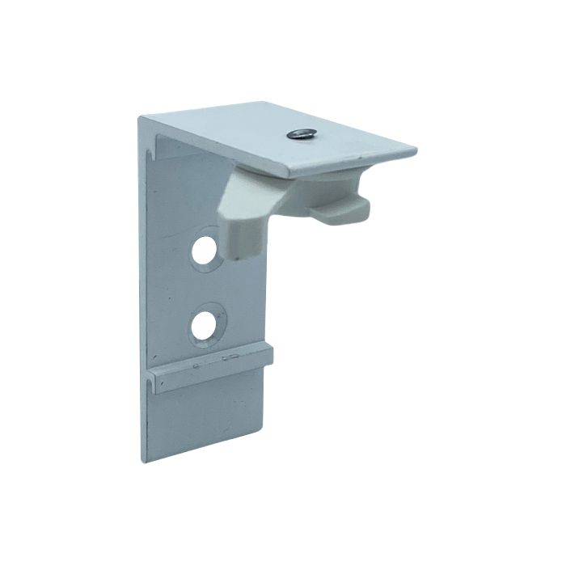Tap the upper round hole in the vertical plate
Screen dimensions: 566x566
click(x=205, y=250)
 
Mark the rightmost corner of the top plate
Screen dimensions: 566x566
click(x=416, y=151)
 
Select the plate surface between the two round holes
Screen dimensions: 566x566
click(x=206, y=287)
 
